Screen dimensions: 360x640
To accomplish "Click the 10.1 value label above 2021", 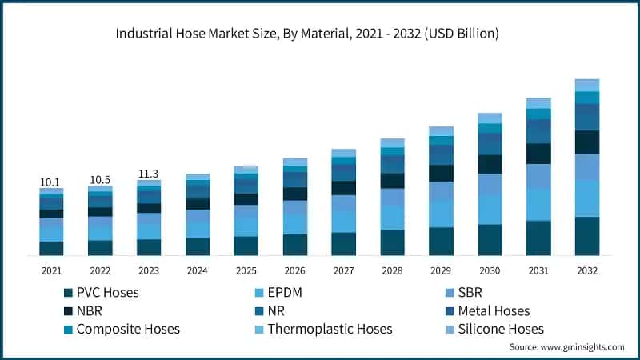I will (51, 182).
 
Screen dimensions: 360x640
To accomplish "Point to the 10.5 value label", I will (100, 179).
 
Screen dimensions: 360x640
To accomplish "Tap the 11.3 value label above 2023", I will (149, 174).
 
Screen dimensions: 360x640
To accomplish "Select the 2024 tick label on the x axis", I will (198, 270).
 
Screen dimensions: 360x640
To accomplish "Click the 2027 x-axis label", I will (344, 270).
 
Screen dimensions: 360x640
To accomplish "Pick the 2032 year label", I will (587, 270).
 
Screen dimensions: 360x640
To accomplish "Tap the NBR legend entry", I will (90, 310).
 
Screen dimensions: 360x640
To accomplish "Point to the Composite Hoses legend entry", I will (127, 329).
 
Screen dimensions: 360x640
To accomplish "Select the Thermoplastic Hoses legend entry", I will (330, 329).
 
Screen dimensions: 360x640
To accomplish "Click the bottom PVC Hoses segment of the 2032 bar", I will (587, 236).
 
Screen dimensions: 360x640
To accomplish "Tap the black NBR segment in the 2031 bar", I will (538, 154).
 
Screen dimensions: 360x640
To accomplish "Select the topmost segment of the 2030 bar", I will (490, 118).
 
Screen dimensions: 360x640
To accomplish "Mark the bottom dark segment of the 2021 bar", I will (51, 248).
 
